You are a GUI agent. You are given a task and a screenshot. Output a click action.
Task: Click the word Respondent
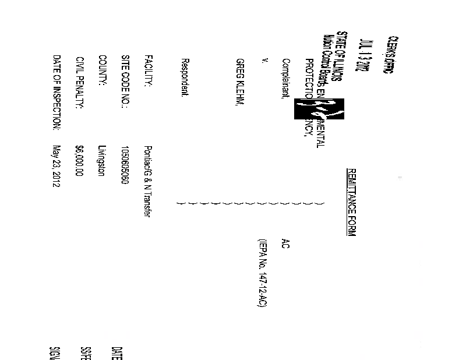185,77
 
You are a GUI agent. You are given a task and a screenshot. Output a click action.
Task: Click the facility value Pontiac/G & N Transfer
148,181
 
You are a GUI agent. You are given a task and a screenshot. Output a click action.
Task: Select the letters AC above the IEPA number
285,243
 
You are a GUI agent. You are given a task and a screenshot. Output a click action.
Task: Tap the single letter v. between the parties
264,61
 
